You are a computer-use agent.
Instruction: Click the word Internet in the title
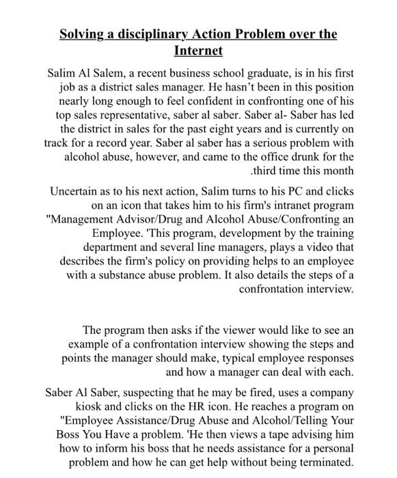coord(198,51)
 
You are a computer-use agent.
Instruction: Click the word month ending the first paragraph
coord(338,171)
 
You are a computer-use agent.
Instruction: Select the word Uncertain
coord(77,191)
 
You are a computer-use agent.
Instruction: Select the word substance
coord(135,275)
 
